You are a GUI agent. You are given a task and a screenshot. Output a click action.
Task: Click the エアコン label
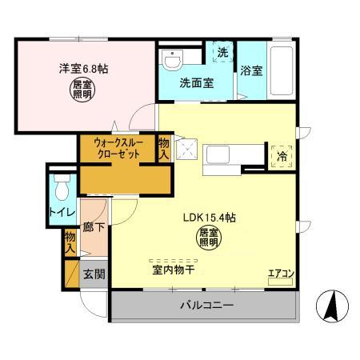click(281, 274)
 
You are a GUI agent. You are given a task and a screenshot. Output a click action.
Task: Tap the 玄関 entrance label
click(94, 274)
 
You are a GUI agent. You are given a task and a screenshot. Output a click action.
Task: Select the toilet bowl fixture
click(61, 186)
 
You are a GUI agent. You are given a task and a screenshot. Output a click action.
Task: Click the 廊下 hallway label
click(94, 227)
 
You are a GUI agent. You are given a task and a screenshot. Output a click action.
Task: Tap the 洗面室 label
click(196, 82)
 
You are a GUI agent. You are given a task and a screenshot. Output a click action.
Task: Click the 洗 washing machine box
click(222, 52)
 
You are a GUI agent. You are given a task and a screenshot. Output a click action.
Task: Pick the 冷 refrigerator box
click(281, 157)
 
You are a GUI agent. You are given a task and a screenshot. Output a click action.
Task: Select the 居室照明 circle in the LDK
click(208, 237)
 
